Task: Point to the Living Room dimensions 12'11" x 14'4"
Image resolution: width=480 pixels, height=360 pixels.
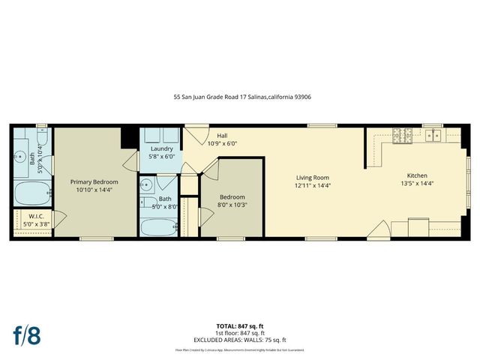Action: tap(313, 185)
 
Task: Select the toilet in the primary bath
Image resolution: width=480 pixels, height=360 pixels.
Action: tap(40, 138)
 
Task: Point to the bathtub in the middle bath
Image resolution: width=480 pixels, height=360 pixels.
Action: tap(157, 226)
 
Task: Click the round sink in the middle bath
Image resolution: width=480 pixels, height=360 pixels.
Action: tap(147, 184)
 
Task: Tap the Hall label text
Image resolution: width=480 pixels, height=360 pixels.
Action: tap(222, 136)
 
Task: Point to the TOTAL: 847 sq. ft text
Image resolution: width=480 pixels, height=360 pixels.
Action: tap(239, 325)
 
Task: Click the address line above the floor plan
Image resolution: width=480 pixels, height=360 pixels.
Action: tap(240, 97)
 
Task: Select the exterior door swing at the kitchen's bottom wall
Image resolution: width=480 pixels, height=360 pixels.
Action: tap(380, 230)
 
